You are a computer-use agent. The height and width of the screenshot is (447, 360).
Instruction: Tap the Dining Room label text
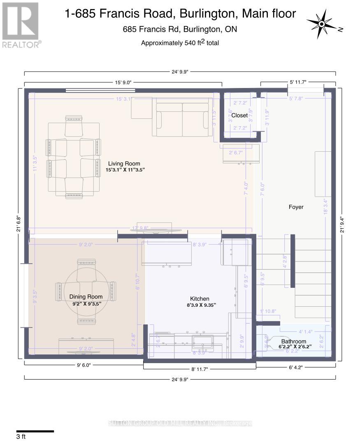tap(86, 296)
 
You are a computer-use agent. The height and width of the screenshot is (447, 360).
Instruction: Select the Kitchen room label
tap(200, 299)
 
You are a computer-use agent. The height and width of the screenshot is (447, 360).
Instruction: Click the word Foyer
tap(296, 207)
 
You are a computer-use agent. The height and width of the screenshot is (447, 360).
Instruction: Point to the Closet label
tap(239, 116)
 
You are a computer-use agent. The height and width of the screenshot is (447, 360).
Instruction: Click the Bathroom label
tap(294, 341)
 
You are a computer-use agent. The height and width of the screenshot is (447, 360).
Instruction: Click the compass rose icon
tap(322, 24)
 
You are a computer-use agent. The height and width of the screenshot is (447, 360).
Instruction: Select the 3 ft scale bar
tap(35, 431)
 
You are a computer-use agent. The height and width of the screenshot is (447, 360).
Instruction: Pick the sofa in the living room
tap(183, 119)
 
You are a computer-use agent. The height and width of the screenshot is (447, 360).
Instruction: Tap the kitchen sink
tap(202, 340)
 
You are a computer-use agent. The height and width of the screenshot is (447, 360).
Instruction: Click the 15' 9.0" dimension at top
tap(123, 82)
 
